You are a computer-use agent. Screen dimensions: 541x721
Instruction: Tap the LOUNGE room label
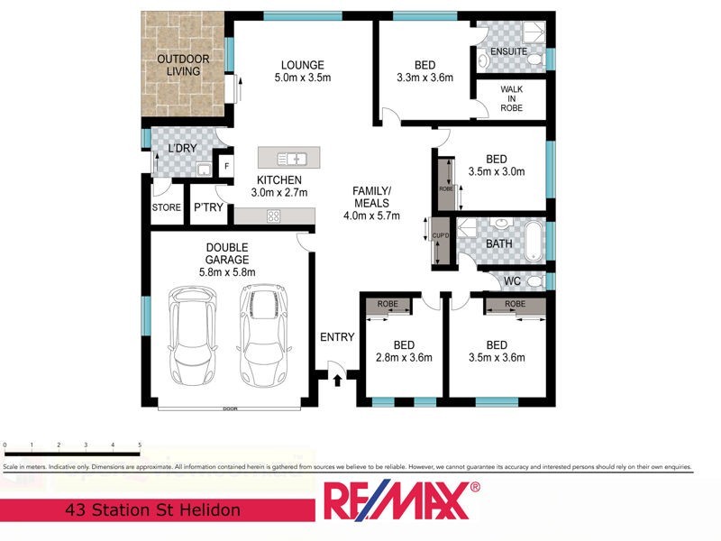(302, 65)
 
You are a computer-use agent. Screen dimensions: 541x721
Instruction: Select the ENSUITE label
(509, 52)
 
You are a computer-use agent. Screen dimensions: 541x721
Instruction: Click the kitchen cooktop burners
(273, 215)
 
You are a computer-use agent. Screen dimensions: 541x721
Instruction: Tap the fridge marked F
(226, 167)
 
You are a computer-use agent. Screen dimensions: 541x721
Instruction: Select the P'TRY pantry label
(208, 208)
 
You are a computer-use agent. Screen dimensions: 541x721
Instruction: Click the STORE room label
(166, 208)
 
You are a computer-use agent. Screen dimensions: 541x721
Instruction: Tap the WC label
(512, 281)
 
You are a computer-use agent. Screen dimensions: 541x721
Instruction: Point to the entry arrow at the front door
(337, 380)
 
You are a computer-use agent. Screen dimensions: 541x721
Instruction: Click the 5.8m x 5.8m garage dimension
(227, 272)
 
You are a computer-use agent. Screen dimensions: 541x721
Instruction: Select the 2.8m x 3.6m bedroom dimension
(404, 358)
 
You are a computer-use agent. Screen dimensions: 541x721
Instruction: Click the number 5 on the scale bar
(140, 445)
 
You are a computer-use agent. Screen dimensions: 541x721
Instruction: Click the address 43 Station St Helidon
(154, 510)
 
